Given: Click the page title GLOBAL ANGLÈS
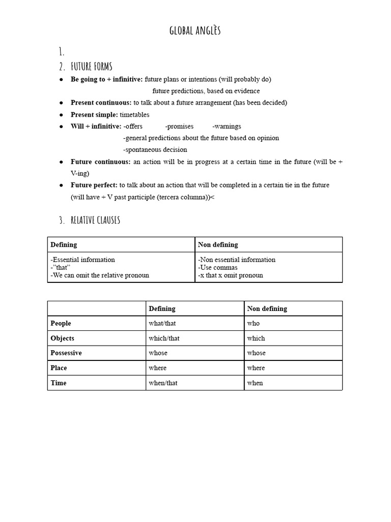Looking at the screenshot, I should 195,31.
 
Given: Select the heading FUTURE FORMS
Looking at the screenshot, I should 92,66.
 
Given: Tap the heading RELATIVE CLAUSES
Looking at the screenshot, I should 96,220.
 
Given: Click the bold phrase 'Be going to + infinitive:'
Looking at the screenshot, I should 106,80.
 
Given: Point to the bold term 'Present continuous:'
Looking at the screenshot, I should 101,103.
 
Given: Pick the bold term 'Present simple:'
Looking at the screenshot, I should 94,115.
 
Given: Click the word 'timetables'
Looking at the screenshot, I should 135,115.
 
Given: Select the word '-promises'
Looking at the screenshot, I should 179,126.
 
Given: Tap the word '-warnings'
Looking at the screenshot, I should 227,126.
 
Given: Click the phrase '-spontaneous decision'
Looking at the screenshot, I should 155,150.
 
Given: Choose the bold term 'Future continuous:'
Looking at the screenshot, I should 101,162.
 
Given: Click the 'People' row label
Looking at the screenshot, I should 61,323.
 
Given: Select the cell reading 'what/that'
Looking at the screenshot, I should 162,323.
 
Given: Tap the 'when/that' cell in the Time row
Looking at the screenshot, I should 163,383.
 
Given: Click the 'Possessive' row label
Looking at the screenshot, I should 66,353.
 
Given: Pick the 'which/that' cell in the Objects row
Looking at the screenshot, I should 164,338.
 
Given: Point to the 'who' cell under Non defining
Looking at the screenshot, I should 253,323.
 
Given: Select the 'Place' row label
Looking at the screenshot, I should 59,368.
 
